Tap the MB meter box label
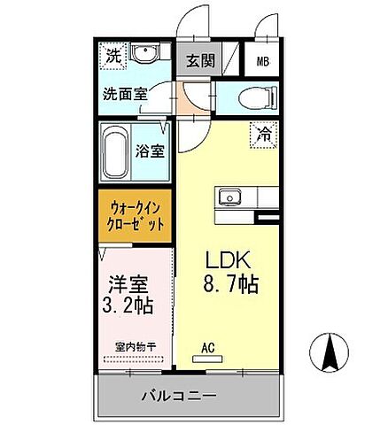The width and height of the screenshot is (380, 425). point(264,61)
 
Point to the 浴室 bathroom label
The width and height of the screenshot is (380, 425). point(150,151)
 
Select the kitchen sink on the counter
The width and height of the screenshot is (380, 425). point(229,195)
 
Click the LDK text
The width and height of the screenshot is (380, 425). point(230,262)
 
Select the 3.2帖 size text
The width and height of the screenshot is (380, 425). point(129,306)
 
